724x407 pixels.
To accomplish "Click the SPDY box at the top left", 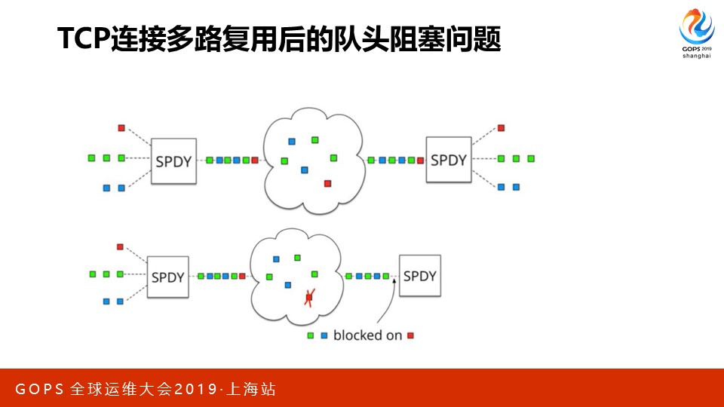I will pyautogui.click(x=173, y=161).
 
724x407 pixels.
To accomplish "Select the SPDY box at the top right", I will pyautogui.click(x=448, y=160).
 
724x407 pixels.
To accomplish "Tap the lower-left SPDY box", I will pyautogui.click(x=167, y=277).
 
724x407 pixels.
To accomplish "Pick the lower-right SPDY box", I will pyautogui.click(x=419, y=276).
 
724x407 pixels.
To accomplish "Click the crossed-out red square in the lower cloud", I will pyautogui.click(x=308, y=298).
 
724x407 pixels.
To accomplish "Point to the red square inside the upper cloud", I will pyautogui.click(x=327, y=183).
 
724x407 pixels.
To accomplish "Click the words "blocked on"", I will pyautogui.click(x=367, y=335).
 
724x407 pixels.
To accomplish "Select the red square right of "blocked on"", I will pyautogui.click(x=410, y=335).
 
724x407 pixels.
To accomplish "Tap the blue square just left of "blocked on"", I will pyautogui.click(x=324, y=335).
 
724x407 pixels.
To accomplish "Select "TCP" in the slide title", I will pyautogui.click(x=84, y=38).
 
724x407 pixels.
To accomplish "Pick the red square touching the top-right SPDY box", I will pyautogui.click(x=421, y=160).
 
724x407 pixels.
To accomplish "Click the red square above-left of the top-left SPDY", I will pyautogui.click(x=121, y=128).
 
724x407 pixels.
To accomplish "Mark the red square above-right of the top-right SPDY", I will pyautogui.click(x=501, y=128).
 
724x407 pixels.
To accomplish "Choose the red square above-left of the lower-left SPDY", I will pyautogui.click(x=119, y=247).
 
